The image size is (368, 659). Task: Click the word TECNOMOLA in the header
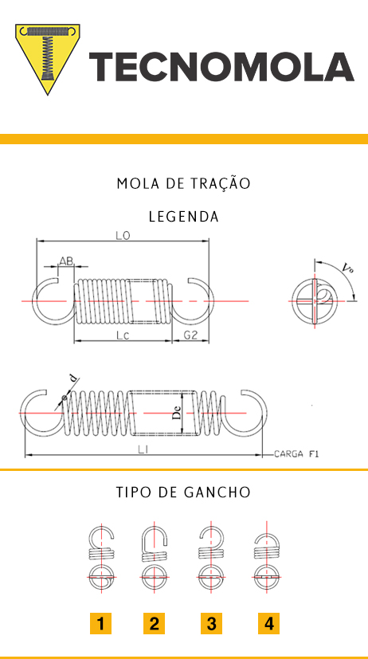(221, 67)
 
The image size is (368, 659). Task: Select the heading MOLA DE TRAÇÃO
(183, 183)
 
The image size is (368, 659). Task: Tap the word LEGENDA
(184, 217)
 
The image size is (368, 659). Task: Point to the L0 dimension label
(123, 236)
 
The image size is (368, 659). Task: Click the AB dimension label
(66, 261)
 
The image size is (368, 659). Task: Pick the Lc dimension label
(122, 335)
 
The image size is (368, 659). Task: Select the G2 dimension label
(190, 335)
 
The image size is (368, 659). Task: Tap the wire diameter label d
(73, 379)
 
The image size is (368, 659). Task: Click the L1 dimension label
(143, 449)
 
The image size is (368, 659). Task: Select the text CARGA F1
(296, 454)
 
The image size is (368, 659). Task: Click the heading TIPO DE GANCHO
(183, 492)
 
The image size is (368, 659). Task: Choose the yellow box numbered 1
(100, 623)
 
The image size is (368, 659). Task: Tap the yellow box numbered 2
(155, 623)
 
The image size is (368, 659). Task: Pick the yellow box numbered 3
(211, 623)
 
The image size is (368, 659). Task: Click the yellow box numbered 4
(269, 623)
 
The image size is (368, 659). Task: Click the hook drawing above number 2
(155, 555)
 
